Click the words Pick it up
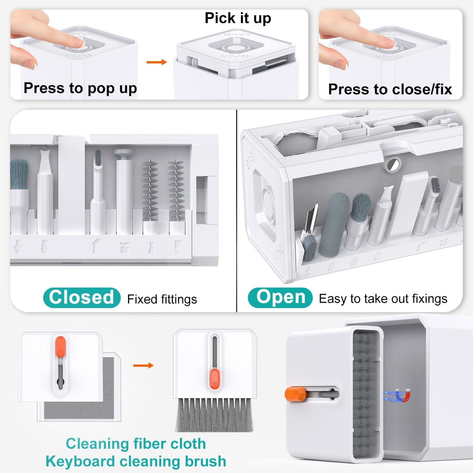(x=238, y=18)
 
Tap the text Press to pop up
(x=80, y=88)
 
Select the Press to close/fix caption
(x=390, y=89)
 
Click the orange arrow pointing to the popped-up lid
(x=156, y=62)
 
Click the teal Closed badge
(x=82, y=298)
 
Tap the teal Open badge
(x=280, y=298)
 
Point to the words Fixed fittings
(x=162, y=299)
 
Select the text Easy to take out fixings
(x=383, y=299)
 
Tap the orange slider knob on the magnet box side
(x=295, y=394)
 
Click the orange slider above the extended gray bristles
(x=215, y=378)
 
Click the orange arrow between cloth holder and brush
(x=143, y=365)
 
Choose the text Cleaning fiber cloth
(x=136, y=444)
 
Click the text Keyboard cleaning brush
(x=136, y=461)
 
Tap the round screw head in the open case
(x=392, y=165)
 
